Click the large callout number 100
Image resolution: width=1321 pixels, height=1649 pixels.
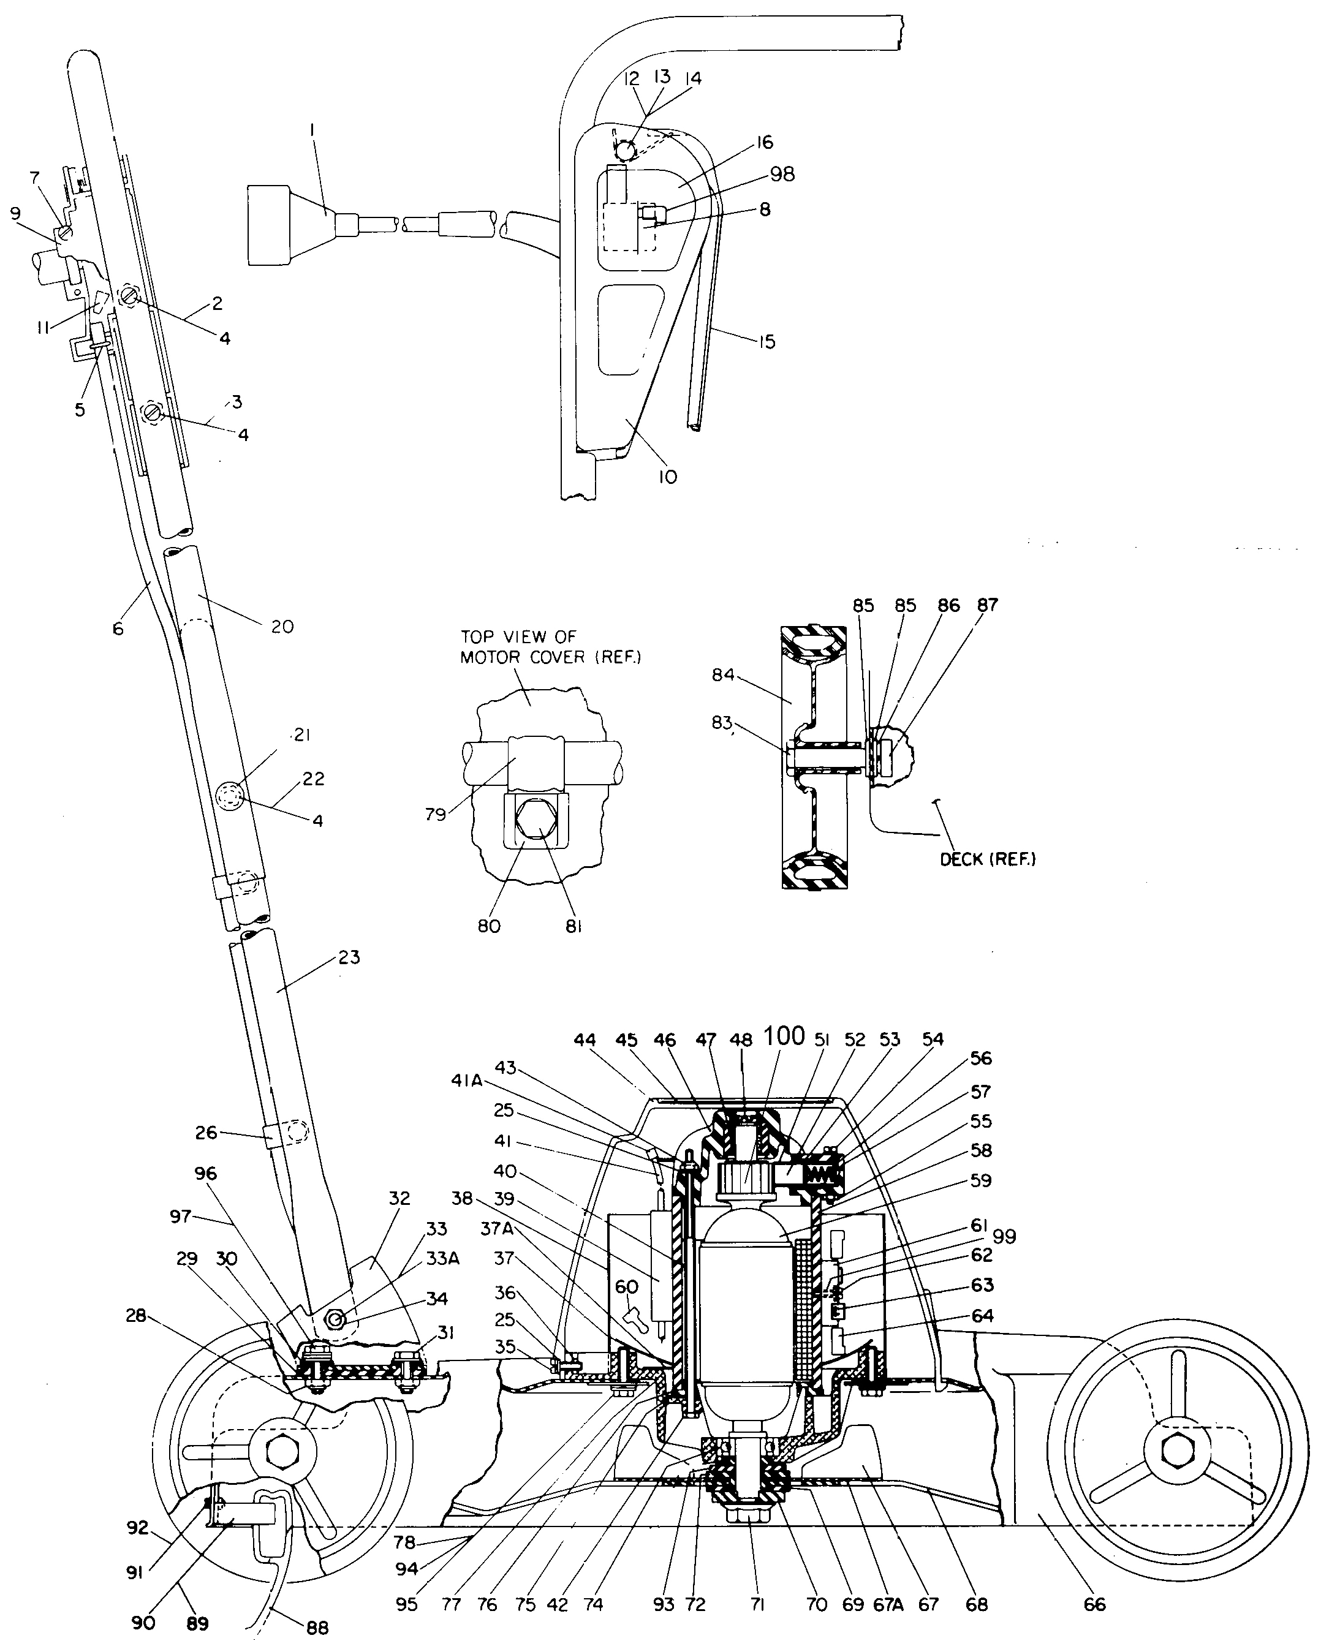pyautogui.click(x=784, y=1036)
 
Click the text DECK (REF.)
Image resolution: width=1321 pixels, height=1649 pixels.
pyautogui.click(x=988, y=859)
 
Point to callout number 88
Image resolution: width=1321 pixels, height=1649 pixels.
pyautogui.click(x=317, y=1628)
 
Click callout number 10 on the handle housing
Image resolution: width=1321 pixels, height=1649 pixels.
pyautogui.click(x=668, y=477)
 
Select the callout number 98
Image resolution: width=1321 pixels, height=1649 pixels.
pyautogui.click(x=782, y=175)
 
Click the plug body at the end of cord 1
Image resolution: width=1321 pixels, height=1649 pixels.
pyautogui.click(x=268, y=227)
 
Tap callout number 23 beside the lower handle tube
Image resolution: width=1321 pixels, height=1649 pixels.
pyautogui.click(x=349, y=957)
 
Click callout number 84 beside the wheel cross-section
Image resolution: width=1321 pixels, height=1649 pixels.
pyautogui.click(x=723, y=674)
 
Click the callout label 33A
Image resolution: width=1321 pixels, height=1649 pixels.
pyautogui.click(x=443, y=1258)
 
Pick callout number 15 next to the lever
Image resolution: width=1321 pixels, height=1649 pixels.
pyautogui.click(x=766, y=342)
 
